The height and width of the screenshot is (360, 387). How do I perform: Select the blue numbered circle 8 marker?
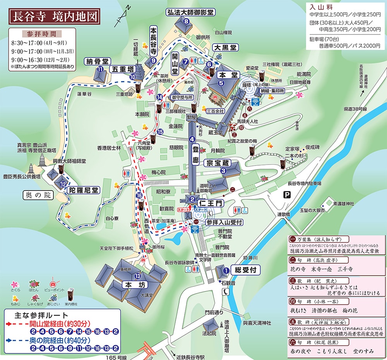[187, 21]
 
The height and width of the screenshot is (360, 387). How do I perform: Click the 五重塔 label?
[123, 69]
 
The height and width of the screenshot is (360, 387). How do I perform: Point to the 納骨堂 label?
[98, 61]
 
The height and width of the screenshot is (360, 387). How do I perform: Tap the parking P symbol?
[287, 195]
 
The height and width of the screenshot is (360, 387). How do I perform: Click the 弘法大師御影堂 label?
[190, 12]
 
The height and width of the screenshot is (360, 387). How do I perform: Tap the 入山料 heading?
[319, 7]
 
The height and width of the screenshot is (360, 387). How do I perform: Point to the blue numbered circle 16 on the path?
[140, 195]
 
